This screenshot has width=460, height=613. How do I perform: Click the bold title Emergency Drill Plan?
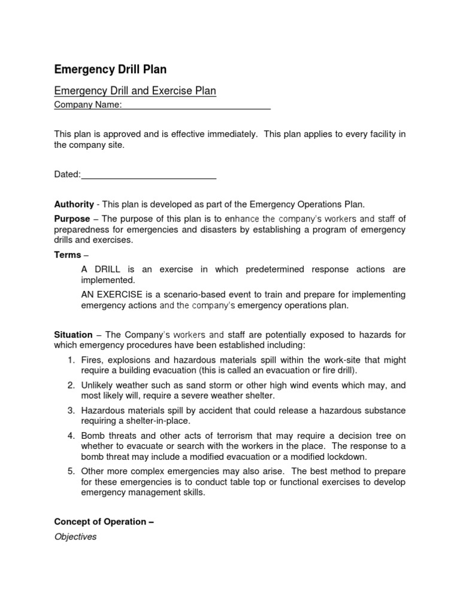[x=110, y=69]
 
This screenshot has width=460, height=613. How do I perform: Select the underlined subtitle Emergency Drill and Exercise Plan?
[x=135, y=91]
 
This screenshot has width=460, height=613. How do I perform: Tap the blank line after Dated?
[x=149, y=174]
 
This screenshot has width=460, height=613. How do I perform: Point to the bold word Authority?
[x=74, y=204]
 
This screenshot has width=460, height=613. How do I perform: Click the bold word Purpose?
[x=72, y=219]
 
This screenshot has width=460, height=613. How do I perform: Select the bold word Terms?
[x=67, y=255]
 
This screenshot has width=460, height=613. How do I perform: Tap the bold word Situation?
[x=73, y=335]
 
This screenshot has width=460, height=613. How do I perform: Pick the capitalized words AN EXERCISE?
[x=111, y=295]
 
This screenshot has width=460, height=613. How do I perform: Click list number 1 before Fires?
[x=70, y=360]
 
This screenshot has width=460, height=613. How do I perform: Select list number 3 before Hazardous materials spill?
[x=70, y=411]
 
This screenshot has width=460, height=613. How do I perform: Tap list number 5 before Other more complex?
[x=70, y=471]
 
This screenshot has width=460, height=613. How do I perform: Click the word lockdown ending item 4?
[x=346, y=456]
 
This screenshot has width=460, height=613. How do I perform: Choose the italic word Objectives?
[x=75, y=537]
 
